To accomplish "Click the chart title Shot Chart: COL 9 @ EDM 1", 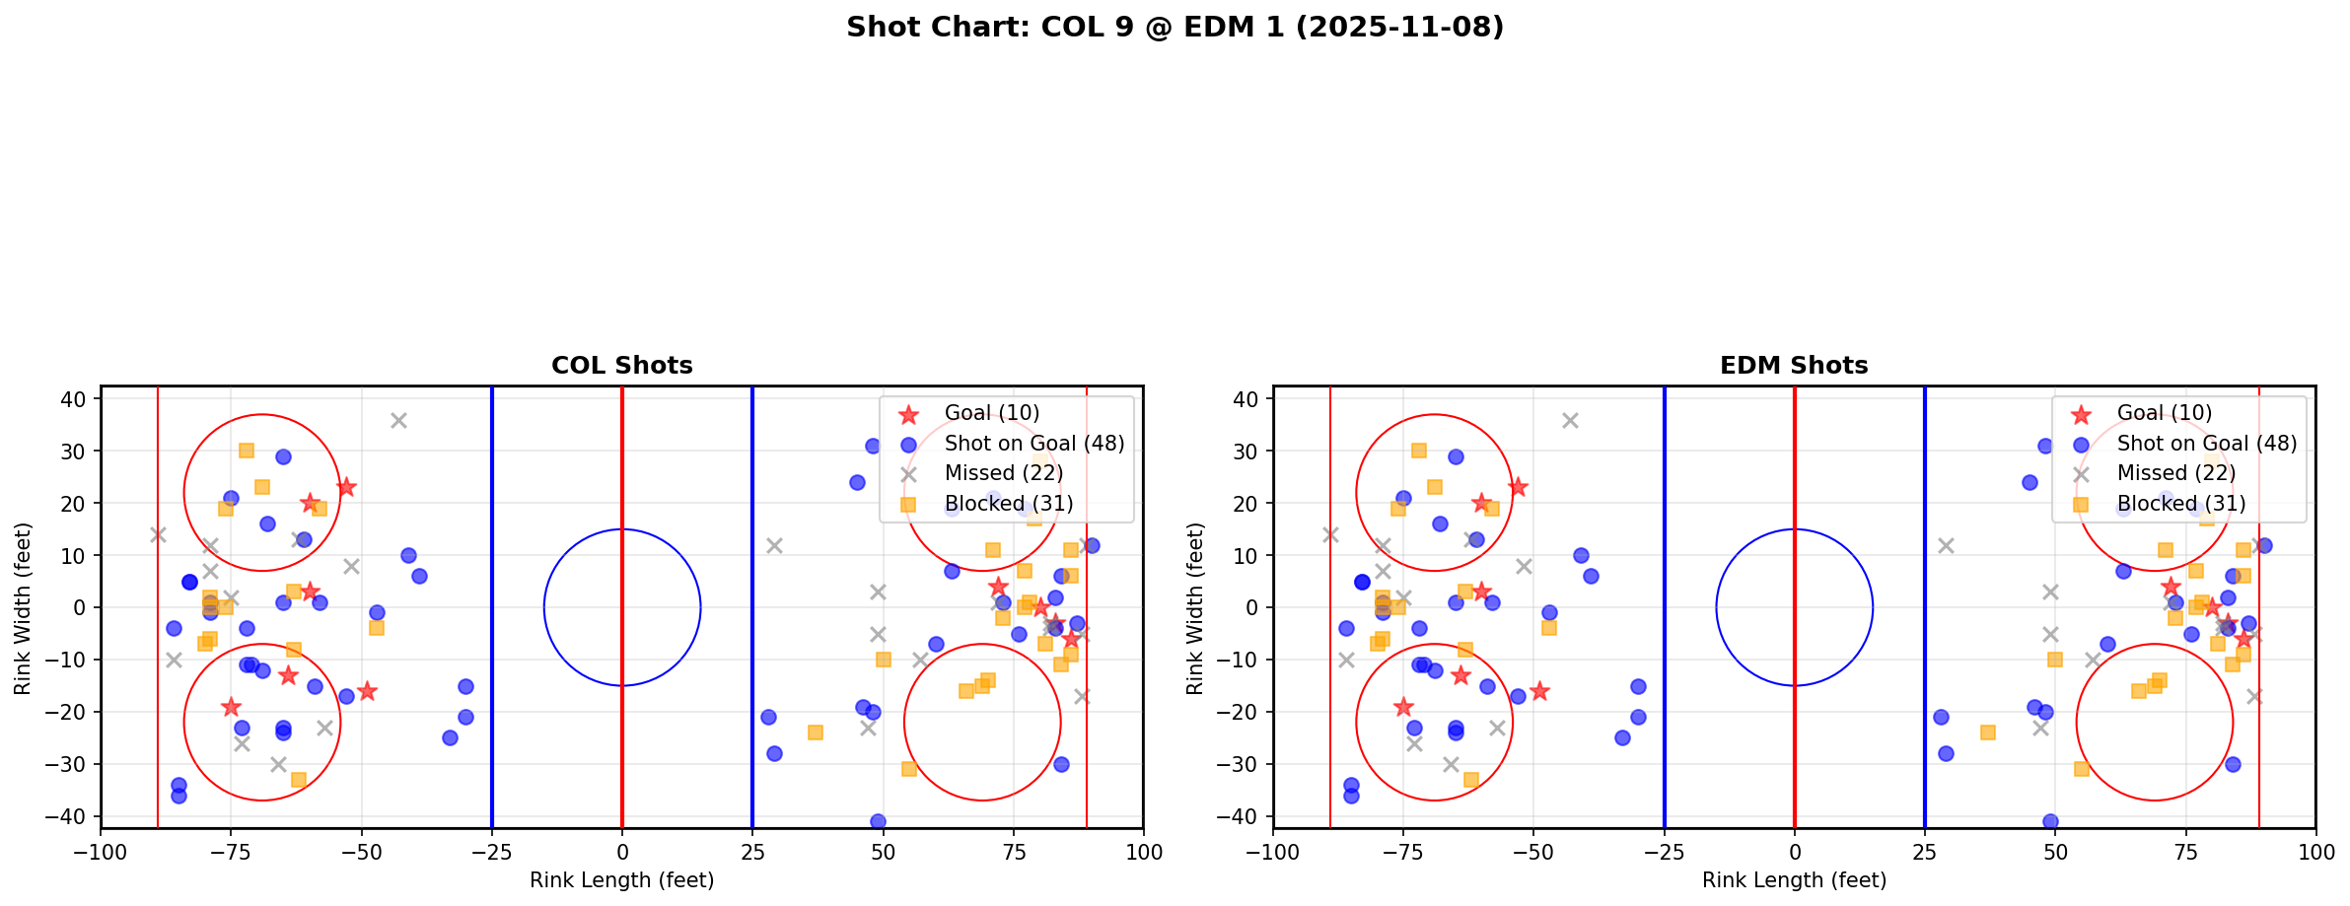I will tap(1175, 27).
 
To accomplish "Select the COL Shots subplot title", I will tap(621, 366).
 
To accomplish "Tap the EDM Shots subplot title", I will tap(1794, 366).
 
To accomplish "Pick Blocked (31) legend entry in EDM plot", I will tap(2180, 504).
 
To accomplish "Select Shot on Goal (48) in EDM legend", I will tap(2206, 444).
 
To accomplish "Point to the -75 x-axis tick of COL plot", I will tap(232, 852).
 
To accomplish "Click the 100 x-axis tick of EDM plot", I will tap(2314, 852).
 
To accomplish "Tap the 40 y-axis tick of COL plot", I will tap(80, 399).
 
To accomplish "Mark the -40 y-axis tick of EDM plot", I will tap(1246, 816).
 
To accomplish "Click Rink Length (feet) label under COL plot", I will tap(621, 880).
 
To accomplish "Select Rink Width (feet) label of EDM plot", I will tap(1195, 608).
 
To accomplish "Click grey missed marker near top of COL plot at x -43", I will tap(398, 420).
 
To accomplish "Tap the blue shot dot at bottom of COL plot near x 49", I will tap(878, 821).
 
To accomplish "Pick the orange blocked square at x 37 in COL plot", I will tap(815, 732).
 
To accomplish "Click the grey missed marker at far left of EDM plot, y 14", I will tap(1330, 534).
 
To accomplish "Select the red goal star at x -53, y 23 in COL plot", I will tap(346, 487).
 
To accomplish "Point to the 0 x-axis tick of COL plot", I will tap(622, 852).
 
